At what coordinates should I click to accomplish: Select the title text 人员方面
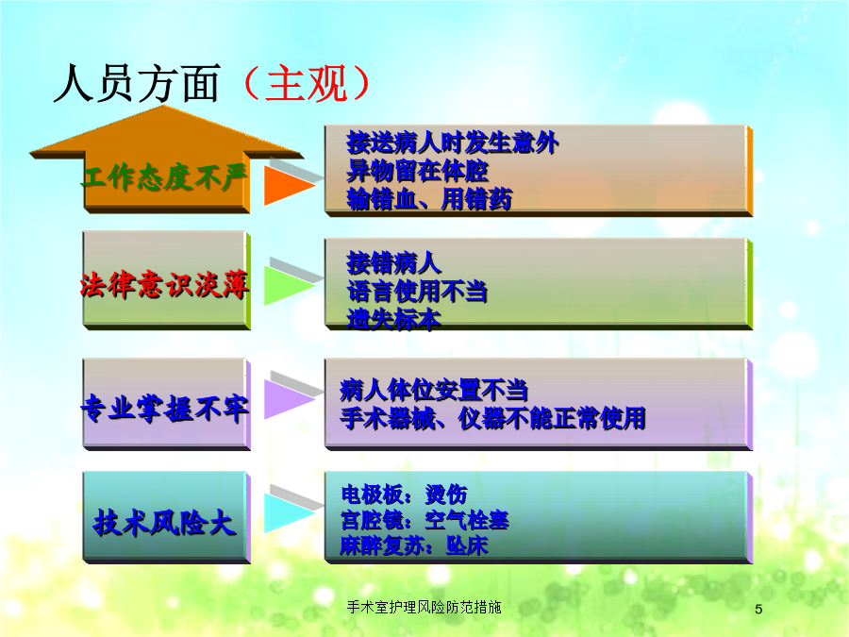[137, 83]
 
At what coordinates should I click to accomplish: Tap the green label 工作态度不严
[164, 176]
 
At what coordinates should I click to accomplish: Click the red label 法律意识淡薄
[164, 284]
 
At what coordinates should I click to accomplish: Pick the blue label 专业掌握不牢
[164, 408]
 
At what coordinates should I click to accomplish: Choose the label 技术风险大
[164, 523]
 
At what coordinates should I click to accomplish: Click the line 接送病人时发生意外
[453, 143]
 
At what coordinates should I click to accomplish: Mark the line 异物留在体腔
[418, 171]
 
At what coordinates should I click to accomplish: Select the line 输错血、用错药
[429, 199]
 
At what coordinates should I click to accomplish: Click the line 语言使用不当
[417, 292]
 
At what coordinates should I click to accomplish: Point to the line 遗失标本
[393, 319]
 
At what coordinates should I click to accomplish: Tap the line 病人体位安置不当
[434, 390]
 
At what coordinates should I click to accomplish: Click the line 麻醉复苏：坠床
[414, 545]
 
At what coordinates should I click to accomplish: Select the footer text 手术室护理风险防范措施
[424, 607]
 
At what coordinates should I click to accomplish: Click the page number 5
[758, 610]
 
